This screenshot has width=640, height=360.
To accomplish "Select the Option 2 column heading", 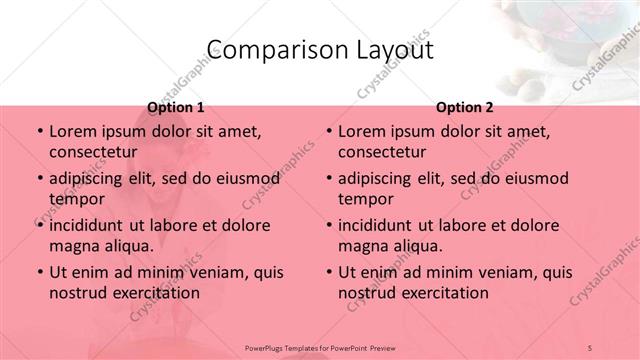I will click(x=464, y=107).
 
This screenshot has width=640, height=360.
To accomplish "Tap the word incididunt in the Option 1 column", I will click(x=93, y=225).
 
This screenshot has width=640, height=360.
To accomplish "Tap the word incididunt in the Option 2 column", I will click(x=383, y=225).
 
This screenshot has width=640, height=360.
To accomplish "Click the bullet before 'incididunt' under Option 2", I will click(x=329, y=225).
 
